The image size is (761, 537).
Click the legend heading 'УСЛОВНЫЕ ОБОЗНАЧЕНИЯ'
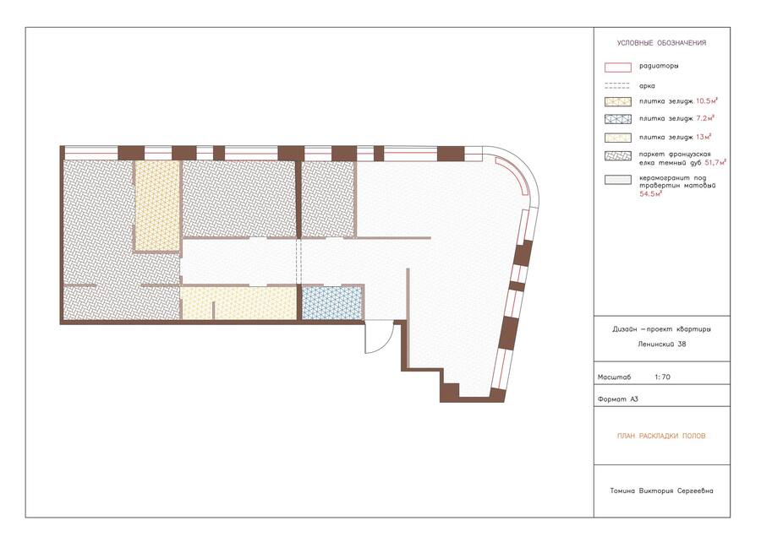661,43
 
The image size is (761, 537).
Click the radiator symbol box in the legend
618,68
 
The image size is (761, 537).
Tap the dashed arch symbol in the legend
617,86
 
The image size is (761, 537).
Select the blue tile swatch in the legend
618,119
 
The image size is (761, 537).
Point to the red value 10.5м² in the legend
707,100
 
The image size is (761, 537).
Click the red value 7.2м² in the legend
705,117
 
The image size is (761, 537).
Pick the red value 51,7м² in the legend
714,162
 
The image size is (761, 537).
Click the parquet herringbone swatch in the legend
618,155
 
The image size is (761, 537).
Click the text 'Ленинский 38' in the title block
661,344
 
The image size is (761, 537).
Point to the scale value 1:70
662,377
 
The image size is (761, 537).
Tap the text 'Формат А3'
618,399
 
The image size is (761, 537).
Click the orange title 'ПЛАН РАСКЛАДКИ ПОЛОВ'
661,436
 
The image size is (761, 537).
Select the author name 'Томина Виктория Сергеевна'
661,491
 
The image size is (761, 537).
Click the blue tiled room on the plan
332,303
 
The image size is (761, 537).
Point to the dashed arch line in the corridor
298,262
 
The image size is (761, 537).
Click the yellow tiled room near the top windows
157,205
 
